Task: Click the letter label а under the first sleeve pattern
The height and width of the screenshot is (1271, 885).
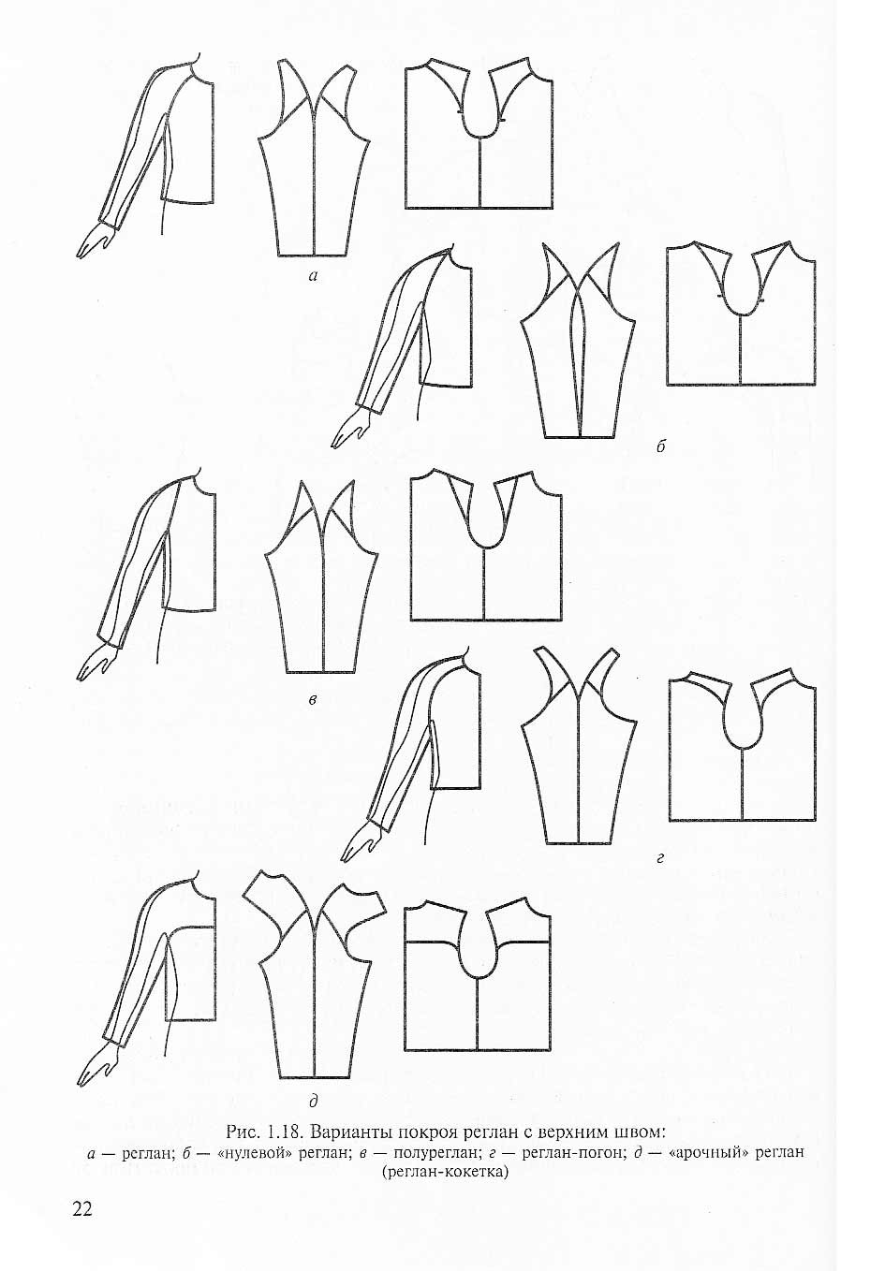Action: tap(313, 276)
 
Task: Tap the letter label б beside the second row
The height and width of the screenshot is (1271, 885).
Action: tap(660, 446)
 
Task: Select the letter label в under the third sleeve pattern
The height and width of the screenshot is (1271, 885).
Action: tap(312, 700)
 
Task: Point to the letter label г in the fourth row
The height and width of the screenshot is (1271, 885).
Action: tap(659, 859)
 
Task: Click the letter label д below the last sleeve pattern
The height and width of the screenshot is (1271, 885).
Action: tap(313, 1102)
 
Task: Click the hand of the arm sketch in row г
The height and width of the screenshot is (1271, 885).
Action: tap(361, 841)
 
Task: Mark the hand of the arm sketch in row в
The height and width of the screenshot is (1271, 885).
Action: tap(96, 661)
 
